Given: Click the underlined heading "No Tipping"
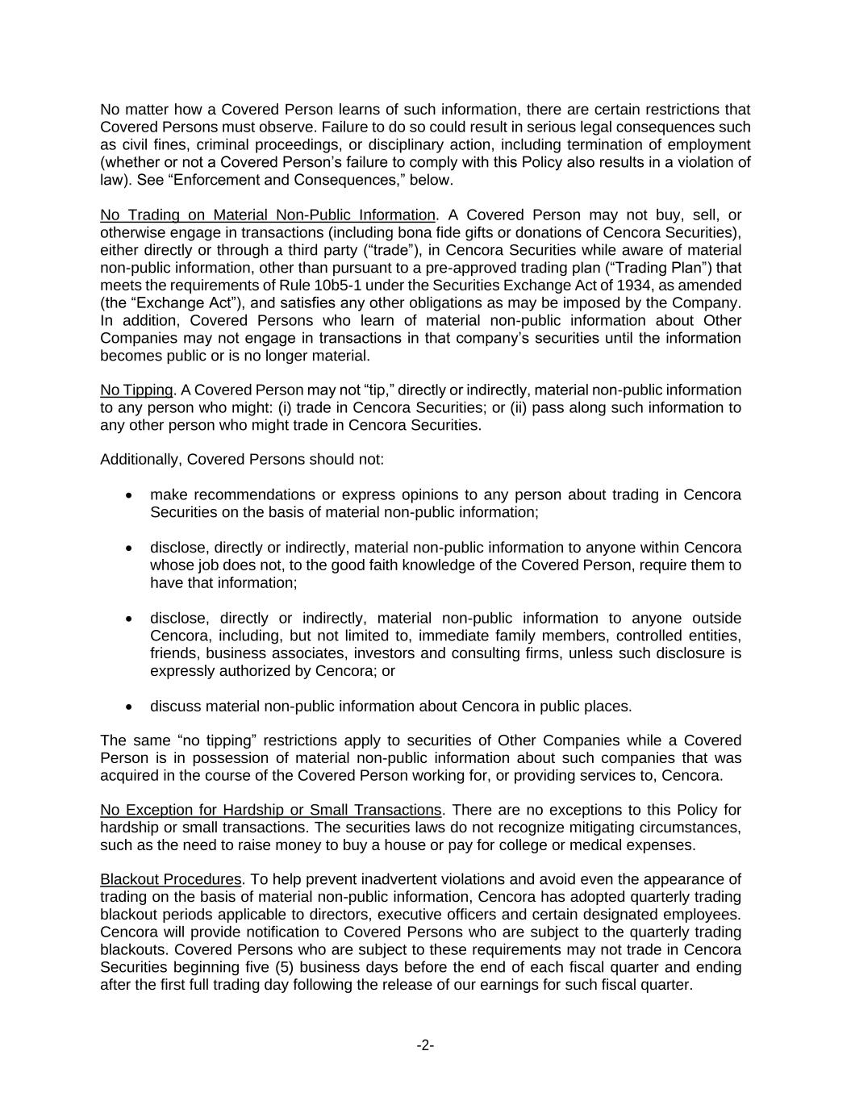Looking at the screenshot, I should click(x=136, y=390).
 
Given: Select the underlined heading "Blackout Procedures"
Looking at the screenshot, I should click(x=170, y=879).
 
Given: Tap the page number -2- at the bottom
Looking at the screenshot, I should click(x=425, y=1045).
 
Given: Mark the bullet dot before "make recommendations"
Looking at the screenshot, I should click(x=129, y=495).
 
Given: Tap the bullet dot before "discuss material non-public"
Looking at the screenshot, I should click(x=129, y=707).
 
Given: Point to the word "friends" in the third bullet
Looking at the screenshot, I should click(x=171, y=653).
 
